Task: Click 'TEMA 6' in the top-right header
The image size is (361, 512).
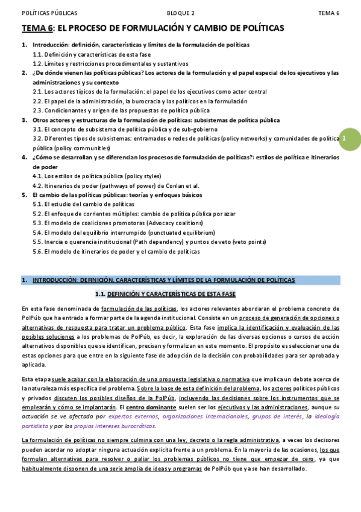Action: click(x=328, y=13)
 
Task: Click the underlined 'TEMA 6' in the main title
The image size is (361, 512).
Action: click(x=37, y=28)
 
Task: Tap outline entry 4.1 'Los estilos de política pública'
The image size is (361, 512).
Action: click(x=97, y=176)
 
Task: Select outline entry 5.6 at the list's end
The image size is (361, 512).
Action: click(x=116, y=251)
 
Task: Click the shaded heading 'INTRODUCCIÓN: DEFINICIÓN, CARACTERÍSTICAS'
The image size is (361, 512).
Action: click(x=163, y=280)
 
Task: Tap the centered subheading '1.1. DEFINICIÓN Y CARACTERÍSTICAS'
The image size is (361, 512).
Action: click(x=165, y=294)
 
